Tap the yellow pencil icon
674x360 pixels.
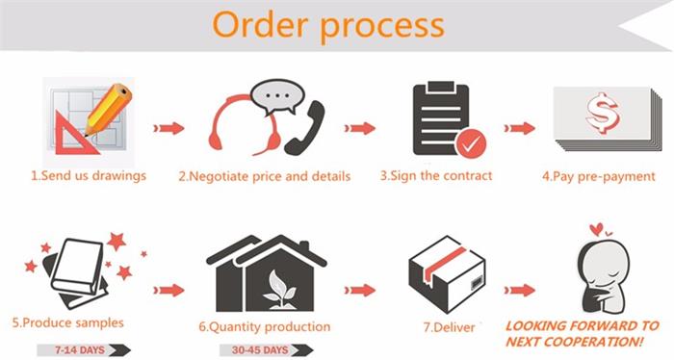tap(108, 110)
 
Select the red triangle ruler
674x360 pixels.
tap(76, 132)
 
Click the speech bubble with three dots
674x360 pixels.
tap(277, 97)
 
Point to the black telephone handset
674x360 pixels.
tap(305, 128)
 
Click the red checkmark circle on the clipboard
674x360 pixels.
tap(471, 144)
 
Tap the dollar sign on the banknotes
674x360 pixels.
tap(602, 112)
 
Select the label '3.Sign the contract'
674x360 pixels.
tap(436, 176)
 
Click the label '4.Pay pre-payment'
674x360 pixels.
tap(599, 176)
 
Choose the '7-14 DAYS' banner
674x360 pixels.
tap(84, 350)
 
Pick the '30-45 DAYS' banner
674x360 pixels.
tap(267, 350)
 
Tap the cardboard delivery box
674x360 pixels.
tap(447, 274)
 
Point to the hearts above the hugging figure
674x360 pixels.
tap(600, 229)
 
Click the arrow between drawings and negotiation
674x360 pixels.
tap(168, 128)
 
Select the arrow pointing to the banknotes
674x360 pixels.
tap(520, 128)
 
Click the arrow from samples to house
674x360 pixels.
tap(168, 291)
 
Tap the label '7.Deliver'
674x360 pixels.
tap(450, 327)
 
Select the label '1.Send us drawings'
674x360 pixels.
tap(89, 176)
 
